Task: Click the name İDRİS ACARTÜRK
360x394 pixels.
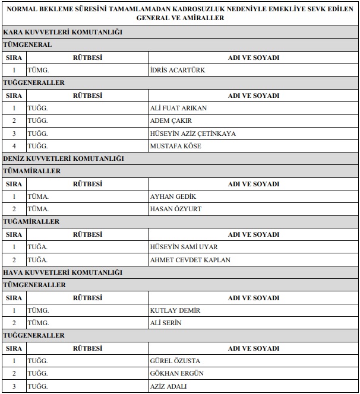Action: point(178,70)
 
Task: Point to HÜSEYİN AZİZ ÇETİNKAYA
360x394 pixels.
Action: point(193,134)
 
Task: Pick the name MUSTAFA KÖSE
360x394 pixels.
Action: point(176,146)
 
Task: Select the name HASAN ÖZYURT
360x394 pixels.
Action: point(175,209)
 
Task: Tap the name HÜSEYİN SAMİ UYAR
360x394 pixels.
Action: point(184,247)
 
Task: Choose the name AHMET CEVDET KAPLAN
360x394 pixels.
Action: point(190,260)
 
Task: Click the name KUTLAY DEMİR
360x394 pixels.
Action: point(175,310)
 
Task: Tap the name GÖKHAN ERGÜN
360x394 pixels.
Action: point(176,373)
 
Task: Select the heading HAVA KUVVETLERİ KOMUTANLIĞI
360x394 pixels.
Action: point(62,272)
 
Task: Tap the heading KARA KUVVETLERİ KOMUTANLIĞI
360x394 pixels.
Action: point(62,32)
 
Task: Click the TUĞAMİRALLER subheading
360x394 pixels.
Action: point(31,222)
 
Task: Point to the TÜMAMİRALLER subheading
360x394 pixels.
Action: point(32,171)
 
